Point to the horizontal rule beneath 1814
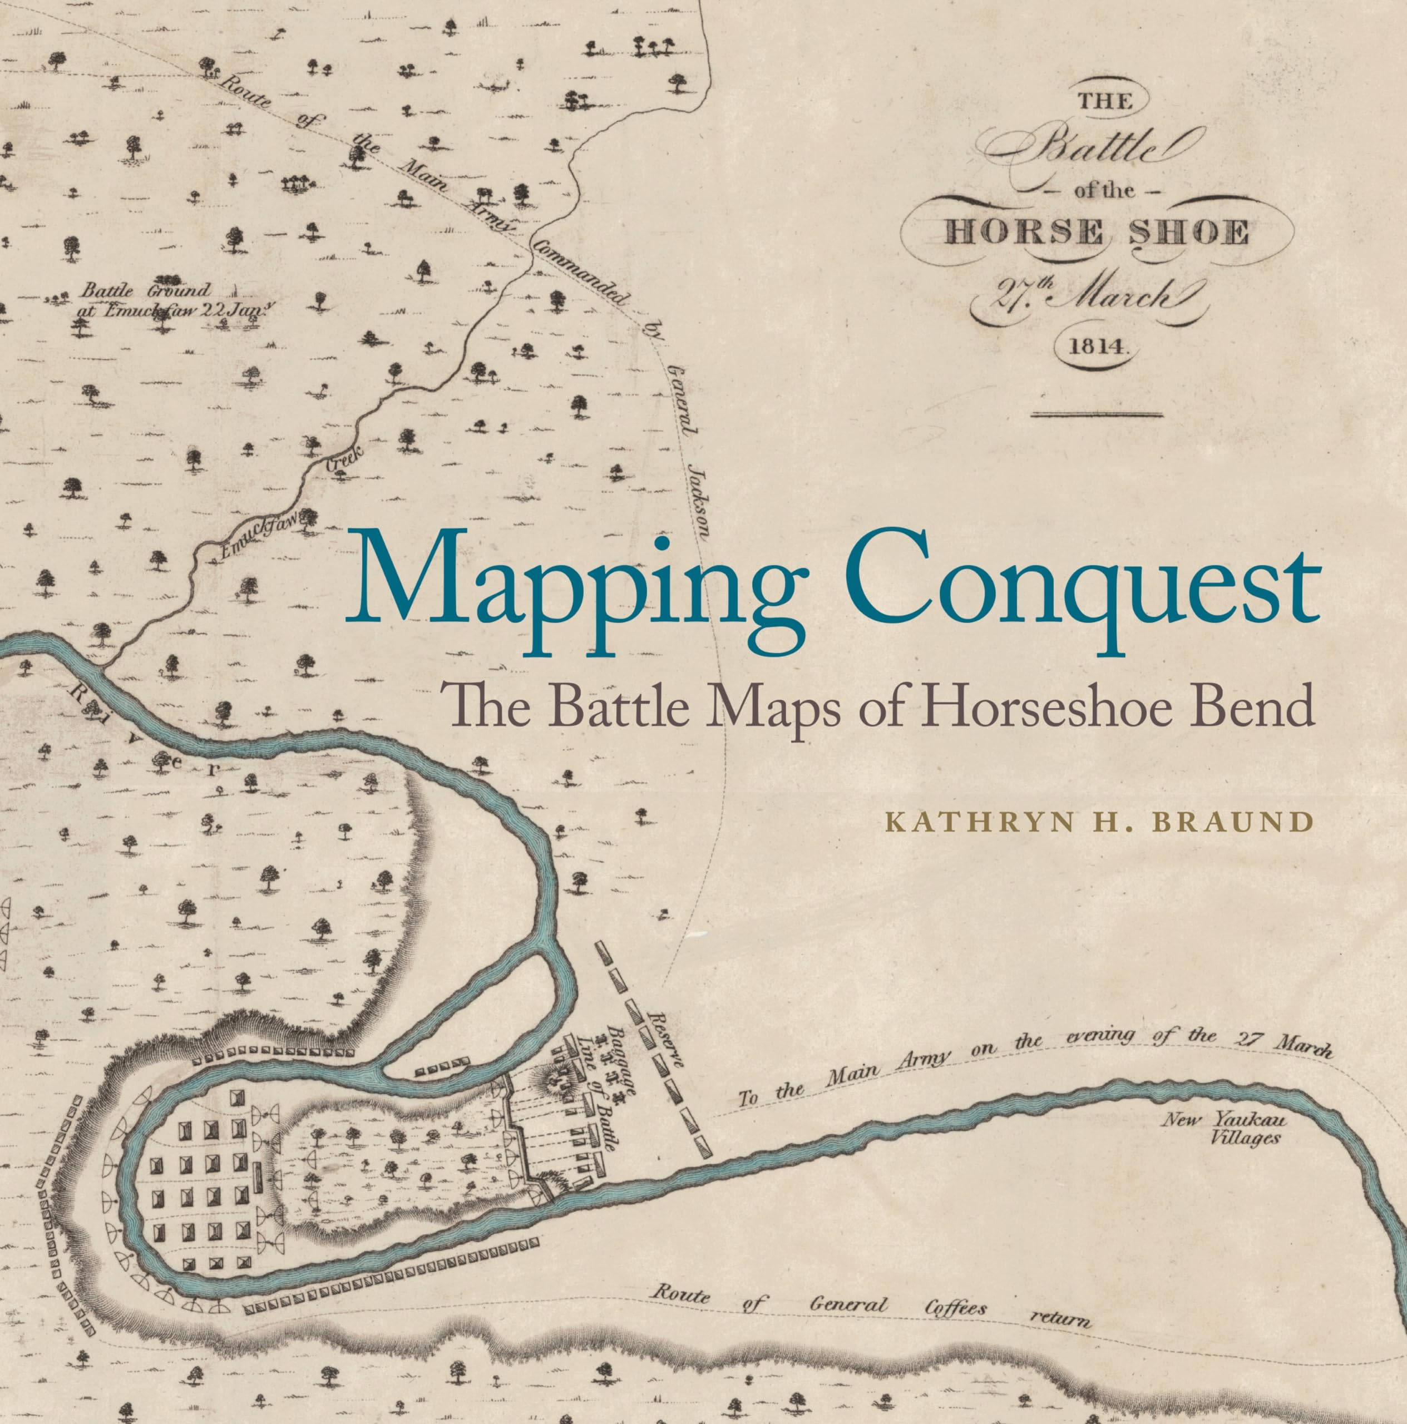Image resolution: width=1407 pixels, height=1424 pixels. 1097,414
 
